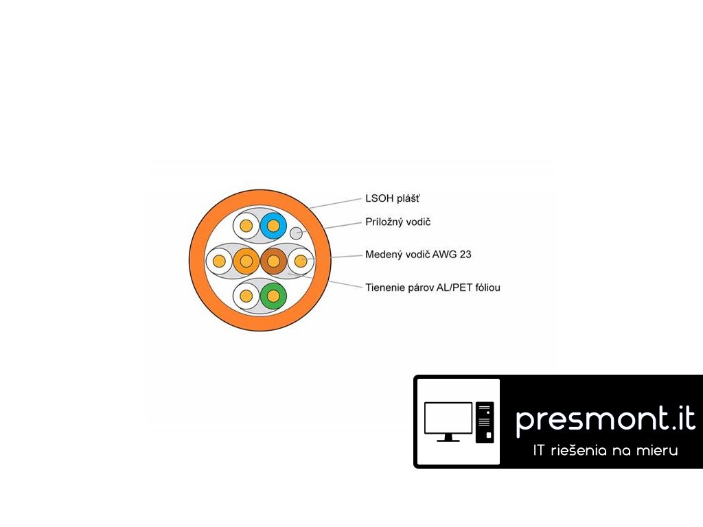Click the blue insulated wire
pyautogui.click(x=273, y=224)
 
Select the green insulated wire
pyautogui.click(x=273, y=296)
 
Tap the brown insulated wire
pyautogui.click(x=273, y=261)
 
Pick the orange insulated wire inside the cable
pyautogui.click(x=246, y=261)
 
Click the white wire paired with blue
pyautogui.click(x=246, y=224)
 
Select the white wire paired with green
pyautogui.click(x=246, y=296)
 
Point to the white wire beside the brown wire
pyautogui.click(x=300, y=261)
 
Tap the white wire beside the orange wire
pyautogui.click(x=219, y=261)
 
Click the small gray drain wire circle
pyautogui.click(x=297, y=233)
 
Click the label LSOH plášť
pyautogui.click(x=392, y=199)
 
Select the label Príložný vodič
pyautogui.click(x=397, y=222)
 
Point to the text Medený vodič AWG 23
pyautogui.click(x=418, y=255)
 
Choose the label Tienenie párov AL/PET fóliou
pyautogui.click(x=433, y=288)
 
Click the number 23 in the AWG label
pyautogui.click(x=465, y=255)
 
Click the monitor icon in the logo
pyautogui.click(x=448, y=421)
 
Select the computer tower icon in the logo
pyautogui.click(x=485, y=421)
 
